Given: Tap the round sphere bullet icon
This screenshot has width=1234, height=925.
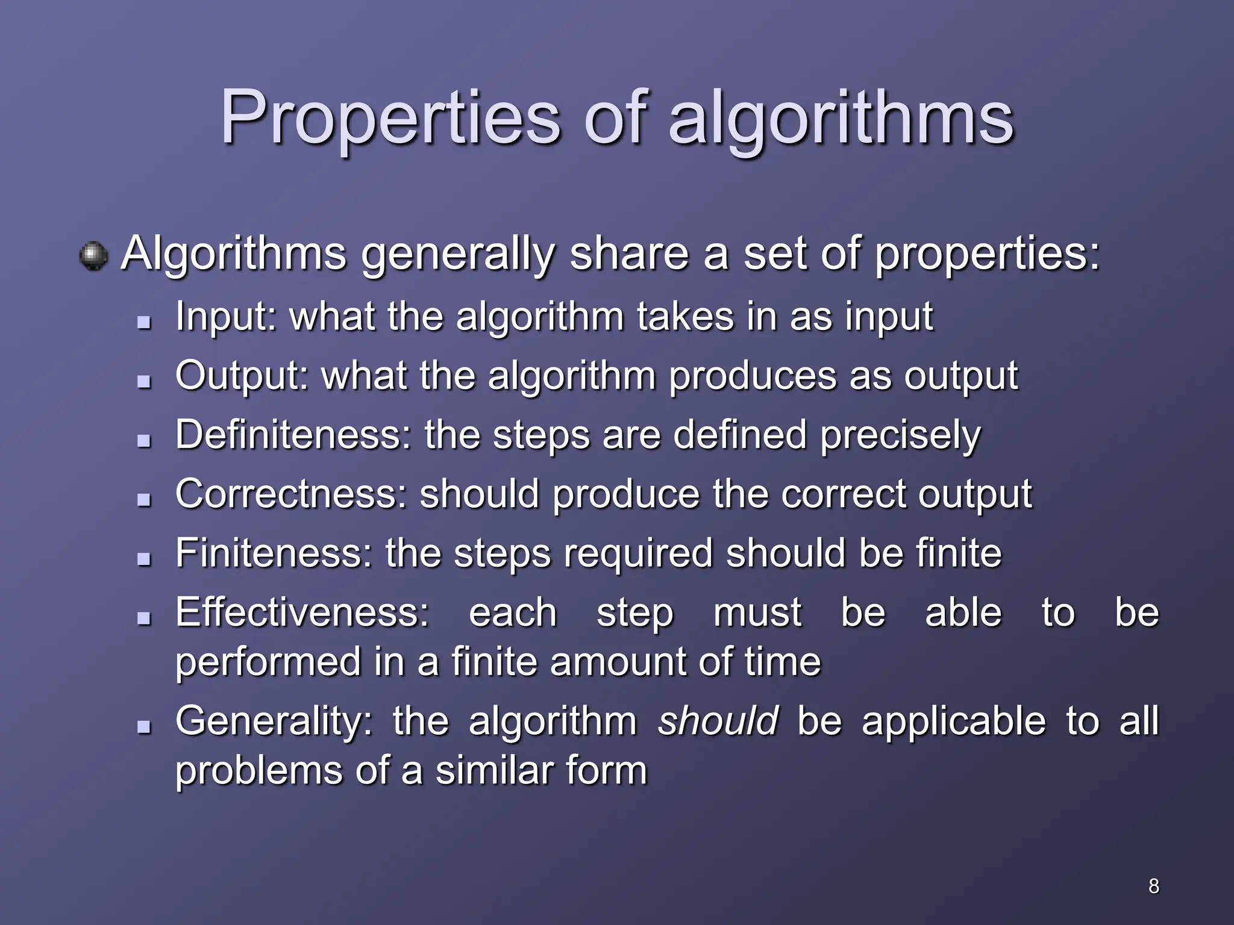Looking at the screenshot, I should click(x=93, y=256).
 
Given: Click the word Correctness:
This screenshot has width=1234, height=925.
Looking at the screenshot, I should click(x=291, y=494).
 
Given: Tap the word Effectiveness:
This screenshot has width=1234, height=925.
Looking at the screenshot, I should click(x=302, y=612).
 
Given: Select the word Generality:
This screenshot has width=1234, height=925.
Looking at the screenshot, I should click(x=274, y=721).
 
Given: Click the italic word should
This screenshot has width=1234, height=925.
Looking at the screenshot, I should click(x=718, y=721).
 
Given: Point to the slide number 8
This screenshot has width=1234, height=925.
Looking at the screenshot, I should click(x=1153, y=886).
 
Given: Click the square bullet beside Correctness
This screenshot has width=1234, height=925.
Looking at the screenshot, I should click(x=143, y=500).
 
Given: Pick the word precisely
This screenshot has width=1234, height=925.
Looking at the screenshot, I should click(x=900, y=435).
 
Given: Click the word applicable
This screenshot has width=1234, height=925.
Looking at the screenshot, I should click(x=954, y=721).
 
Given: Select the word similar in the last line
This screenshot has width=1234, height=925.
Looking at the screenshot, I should click(x=493, y=771).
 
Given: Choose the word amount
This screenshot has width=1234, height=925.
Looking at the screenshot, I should click(x=618, y=662).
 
